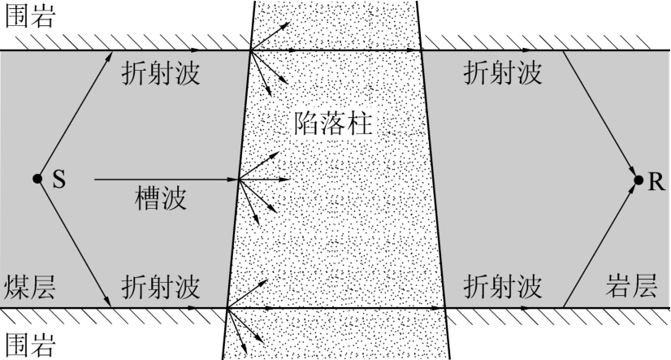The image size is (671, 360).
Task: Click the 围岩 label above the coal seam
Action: point(30,18)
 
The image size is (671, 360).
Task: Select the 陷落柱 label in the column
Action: point(335,124)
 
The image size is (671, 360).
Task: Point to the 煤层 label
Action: point(30,287)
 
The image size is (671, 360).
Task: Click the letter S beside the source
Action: point(58,180)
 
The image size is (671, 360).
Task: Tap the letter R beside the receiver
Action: point(655,180)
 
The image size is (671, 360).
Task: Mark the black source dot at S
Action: point(37,179)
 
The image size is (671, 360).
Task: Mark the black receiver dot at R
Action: point(636,180)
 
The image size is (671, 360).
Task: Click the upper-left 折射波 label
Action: point(162,73)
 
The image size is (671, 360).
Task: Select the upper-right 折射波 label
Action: point(501,73)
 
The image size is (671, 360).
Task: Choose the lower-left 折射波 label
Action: point(162,287)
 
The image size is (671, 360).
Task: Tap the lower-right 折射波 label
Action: point(501,287)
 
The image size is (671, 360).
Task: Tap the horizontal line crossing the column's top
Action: point(335,50)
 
